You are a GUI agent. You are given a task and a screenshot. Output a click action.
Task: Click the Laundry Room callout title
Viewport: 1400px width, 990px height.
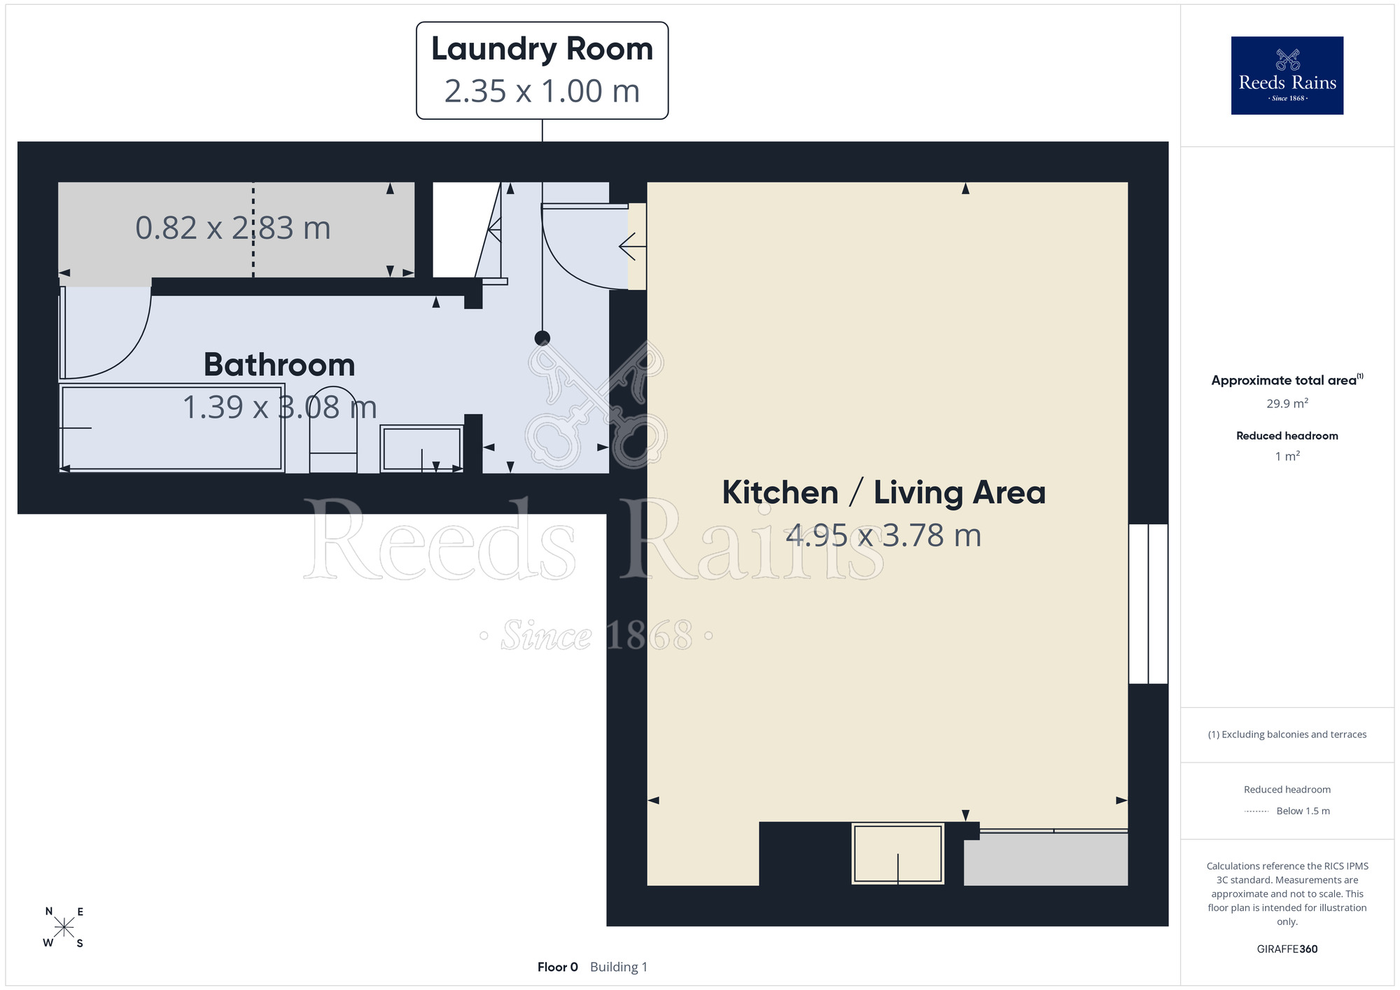coord(542,50)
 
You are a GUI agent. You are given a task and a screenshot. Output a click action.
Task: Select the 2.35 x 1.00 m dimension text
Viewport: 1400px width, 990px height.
coord(542,91)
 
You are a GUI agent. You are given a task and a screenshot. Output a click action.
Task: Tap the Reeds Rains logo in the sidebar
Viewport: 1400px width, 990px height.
coord(1287,76)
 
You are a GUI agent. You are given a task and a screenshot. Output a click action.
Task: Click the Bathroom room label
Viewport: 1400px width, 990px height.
coord(279,365)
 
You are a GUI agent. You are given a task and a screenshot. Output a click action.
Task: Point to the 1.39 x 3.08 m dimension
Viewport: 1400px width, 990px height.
coord(279,407)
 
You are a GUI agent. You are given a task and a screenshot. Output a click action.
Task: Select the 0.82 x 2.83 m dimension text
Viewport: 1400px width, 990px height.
coord(232,228)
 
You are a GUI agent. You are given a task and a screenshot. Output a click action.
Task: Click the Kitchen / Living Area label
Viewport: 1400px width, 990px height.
coord(883,493)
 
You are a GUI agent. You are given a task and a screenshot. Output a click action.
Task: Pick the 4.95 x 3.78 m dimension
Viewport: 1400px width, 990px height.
coord(883,536)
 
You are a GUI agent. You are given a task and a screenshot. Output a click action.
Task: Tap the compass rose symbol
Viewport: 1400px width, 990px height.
coord(64,928)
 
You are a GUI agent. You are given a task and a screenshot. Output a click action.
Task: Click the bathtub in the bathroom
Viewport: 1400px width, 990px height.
coord(171,427)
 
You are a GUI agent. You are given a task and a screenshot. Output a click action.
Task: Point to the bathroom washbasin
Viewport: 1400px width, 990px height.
coord(421,449)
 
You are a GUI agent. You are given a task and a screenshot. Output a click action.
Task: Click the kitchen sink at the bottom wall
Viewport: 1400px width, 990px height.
coord(898,853)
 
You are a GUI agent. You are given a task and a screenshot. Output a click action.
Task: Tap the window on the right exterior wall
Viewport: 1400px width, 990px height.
coord(1148,604)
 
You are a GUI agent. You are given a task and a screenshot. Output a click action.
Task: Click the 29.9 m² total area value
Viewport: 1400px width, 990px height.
coord(1287,403)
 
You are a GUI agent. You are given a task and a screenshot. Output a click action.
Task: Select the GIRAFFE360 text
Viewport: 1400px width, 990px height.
coord(1287,949)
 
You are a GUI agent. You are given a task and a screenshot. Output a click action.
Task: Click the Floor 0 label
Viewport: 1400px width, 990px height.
coord(557,967)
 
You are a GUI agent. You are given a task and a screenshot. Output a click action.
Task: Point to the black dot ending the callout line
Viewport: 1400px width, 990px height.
coord(542,339)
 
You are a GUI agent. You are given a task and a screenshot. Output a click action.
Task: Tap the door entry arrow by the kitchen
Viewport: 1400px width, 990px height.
coord(632,246)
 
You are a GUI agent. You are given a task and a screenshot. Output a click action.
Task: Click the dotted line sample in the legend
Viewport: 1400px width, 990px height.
coord(1256,811)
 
